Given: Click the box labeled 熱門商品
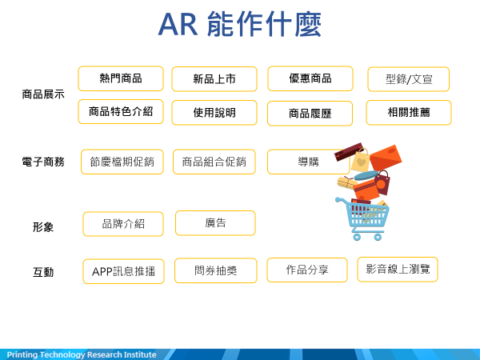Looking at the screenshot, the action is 121,78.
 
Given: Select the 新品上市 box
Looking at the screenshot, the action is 214,79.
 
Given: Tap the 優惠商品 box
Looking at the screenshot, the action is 310,78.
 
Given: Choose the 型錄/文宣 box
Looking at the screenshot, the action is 408,79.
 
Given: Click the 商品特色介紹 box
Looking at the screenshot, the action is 121,112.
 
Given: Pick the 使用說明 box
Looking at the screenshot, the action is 214,113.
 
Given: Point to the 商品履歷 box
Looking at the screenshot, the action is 310,114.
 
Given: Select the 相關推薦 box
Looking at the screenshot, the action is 409,113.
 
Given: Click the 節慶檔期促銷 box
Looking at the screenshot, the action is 122,162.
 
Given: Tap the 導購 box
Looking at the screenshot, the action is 308,162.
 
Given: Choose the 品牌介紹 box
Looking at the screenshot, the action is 123,224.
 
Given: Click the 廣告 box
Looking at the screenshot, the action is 215,223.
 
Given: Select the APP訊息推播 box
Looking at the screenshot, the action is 123,271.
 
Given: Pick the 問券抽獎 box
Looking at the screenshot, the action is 215,270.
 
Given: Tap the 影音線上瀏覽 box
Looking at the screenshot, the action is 398,270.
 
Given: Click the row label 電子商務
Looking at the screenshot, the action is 43,162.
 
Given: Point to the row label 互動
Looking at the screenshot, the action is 43,272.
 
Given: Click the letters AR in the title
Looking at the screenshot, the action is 178,25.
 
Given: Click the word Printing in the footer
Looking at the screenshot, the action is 22,354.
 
